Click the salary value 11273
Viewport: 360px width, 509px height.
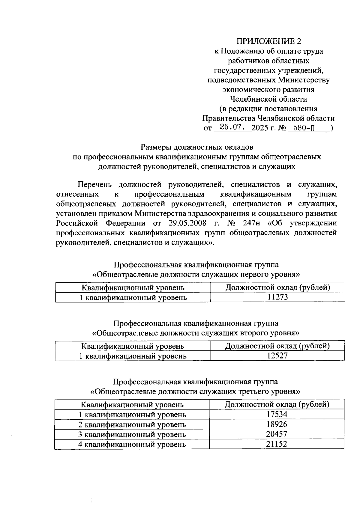click(277, 297)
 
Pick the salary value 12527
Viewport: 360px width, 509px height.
click(277, 356)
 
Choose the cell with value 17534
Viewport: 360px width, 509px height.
click(277, 414)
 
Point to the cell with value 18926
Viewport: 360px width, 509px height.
click(277, 424)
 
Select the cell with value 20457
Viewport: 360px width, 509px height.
click(277, 434)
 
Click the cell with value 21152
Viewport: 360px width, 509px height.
click(277, 444)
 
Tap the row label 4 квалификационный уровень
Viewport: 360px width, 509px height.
click(132, 444)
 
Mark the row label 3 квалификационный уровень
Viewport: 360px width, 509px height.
click(132, 434)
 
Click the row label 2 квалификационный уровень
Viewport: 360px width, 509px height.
click(132, 424)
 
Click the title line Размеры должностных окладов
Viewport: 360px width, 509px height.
click(197, 147)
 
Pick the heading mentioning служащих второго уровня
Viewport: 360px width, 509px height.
click(196, 333)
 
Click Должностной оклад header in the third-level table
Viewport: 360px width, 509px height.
click(277, 404)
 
